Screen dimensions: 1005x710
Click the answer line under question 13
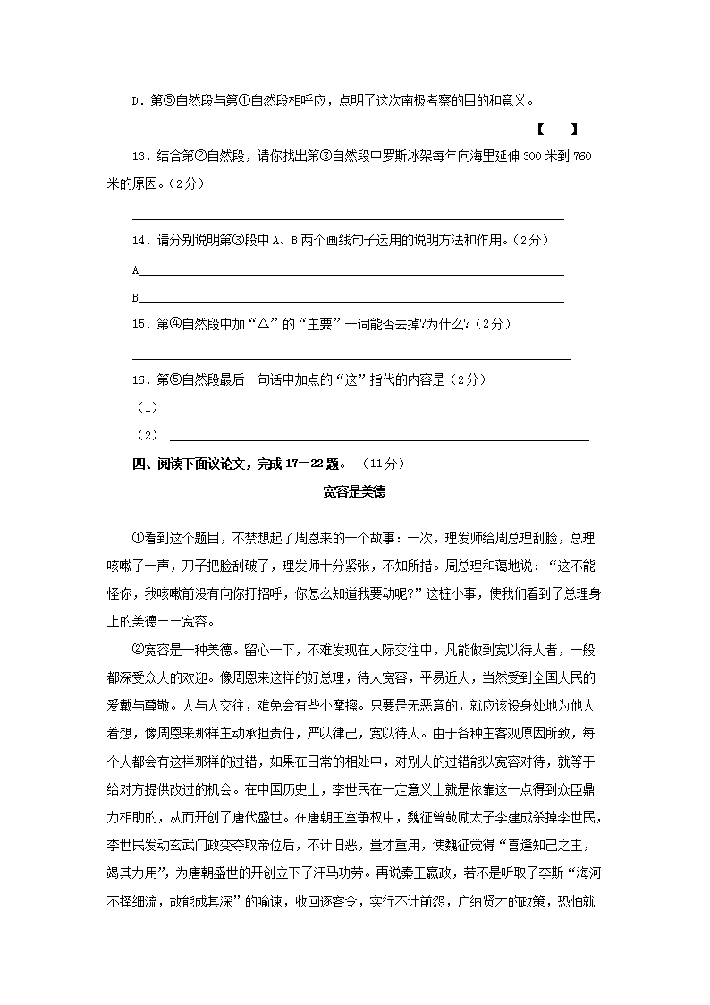point(348,218)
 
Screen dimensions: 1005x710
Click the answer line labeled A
point(351,274)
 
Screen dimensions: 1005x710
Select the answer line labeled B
point(351,302)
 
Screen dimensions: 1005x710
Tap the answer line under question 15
point(351,358)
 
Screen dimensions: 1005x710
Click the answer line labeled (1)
point(379,412)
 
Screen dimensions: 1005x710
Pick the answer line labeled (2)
point(379,439)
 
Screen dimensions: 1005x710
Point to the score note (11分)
point(385,464)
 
